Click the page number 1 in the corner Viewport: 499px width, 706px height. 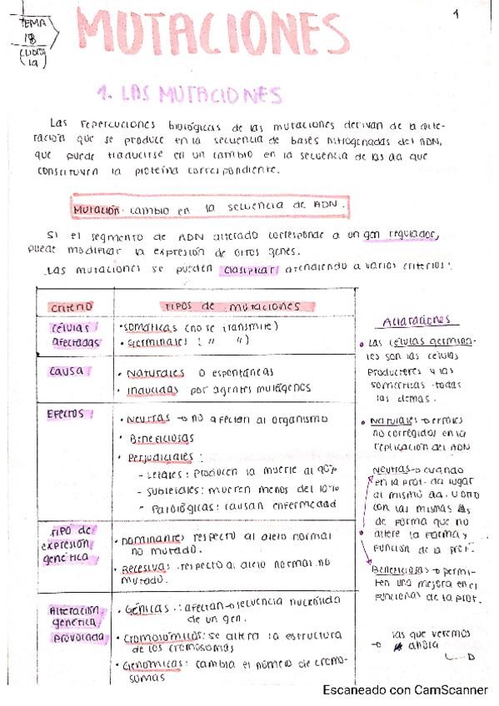[457, 13]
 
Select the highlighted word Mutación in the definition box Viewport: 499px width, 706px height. [97, 210]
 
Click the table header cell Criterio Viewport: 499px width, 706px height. [72, 307]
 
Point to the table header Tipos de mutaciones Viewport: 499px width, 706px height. [230, 306]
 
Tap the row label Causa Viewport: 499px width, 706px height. [68, 372]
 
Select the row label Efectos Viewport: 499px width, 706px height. [70, 413]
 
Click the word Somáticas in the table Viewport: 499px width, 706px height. [147, 327]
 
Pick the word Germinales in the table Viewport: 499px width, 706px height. [156, 341]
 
